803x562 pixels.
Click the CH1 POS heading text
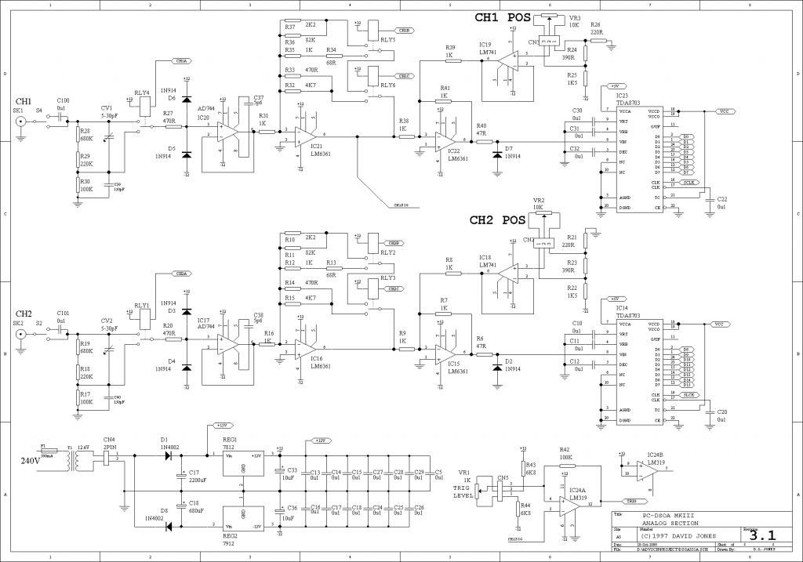(502, 16)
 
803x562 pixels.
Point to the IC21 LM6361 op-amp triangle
(305, 136)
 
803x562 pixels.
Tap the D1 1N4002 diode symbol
(165, 455)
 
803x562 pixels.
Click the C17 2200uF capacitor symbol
(183, 473)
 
